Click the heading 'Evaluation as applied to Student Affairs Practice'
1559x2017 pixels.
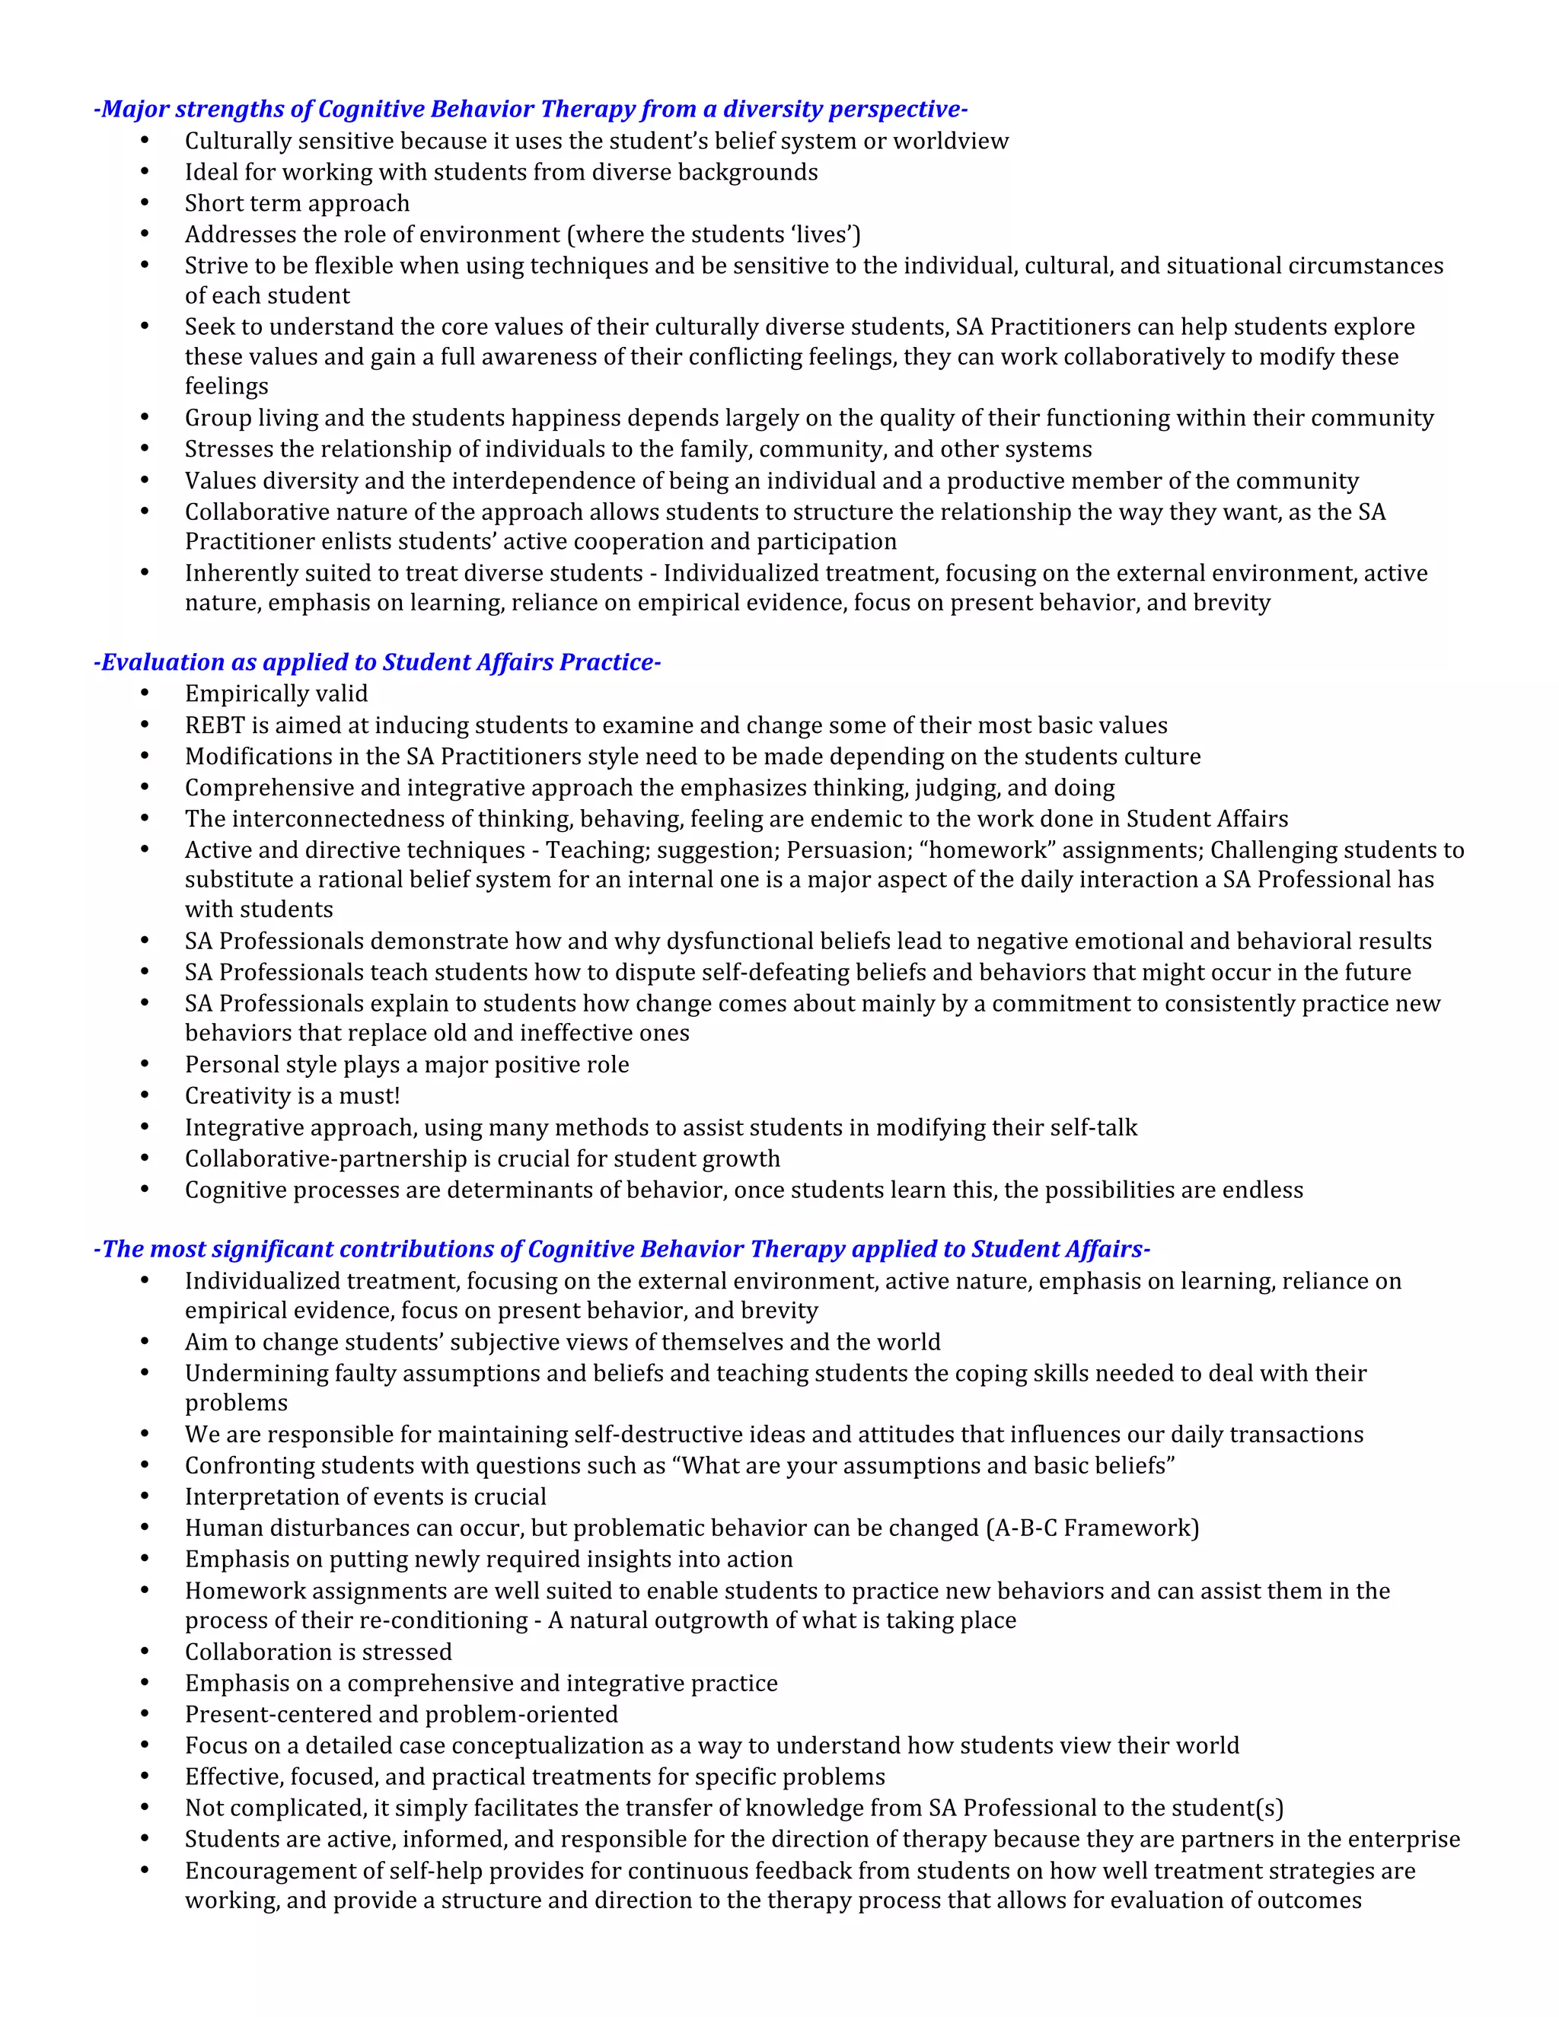[377, 662]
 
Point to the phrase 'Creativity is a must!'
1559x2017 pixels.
[292, 1095]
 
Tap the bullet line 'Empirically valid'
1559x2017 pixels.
[276, 693]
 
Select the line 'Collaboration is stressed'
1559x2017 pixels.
[317, 1652]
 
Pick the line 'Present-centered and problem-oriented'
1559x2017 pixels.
[401, 1714]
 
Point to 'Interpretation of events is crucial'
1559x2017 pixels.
[365, 1496]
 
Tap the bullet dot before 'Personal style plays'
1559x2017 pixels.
[145, 1064]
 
